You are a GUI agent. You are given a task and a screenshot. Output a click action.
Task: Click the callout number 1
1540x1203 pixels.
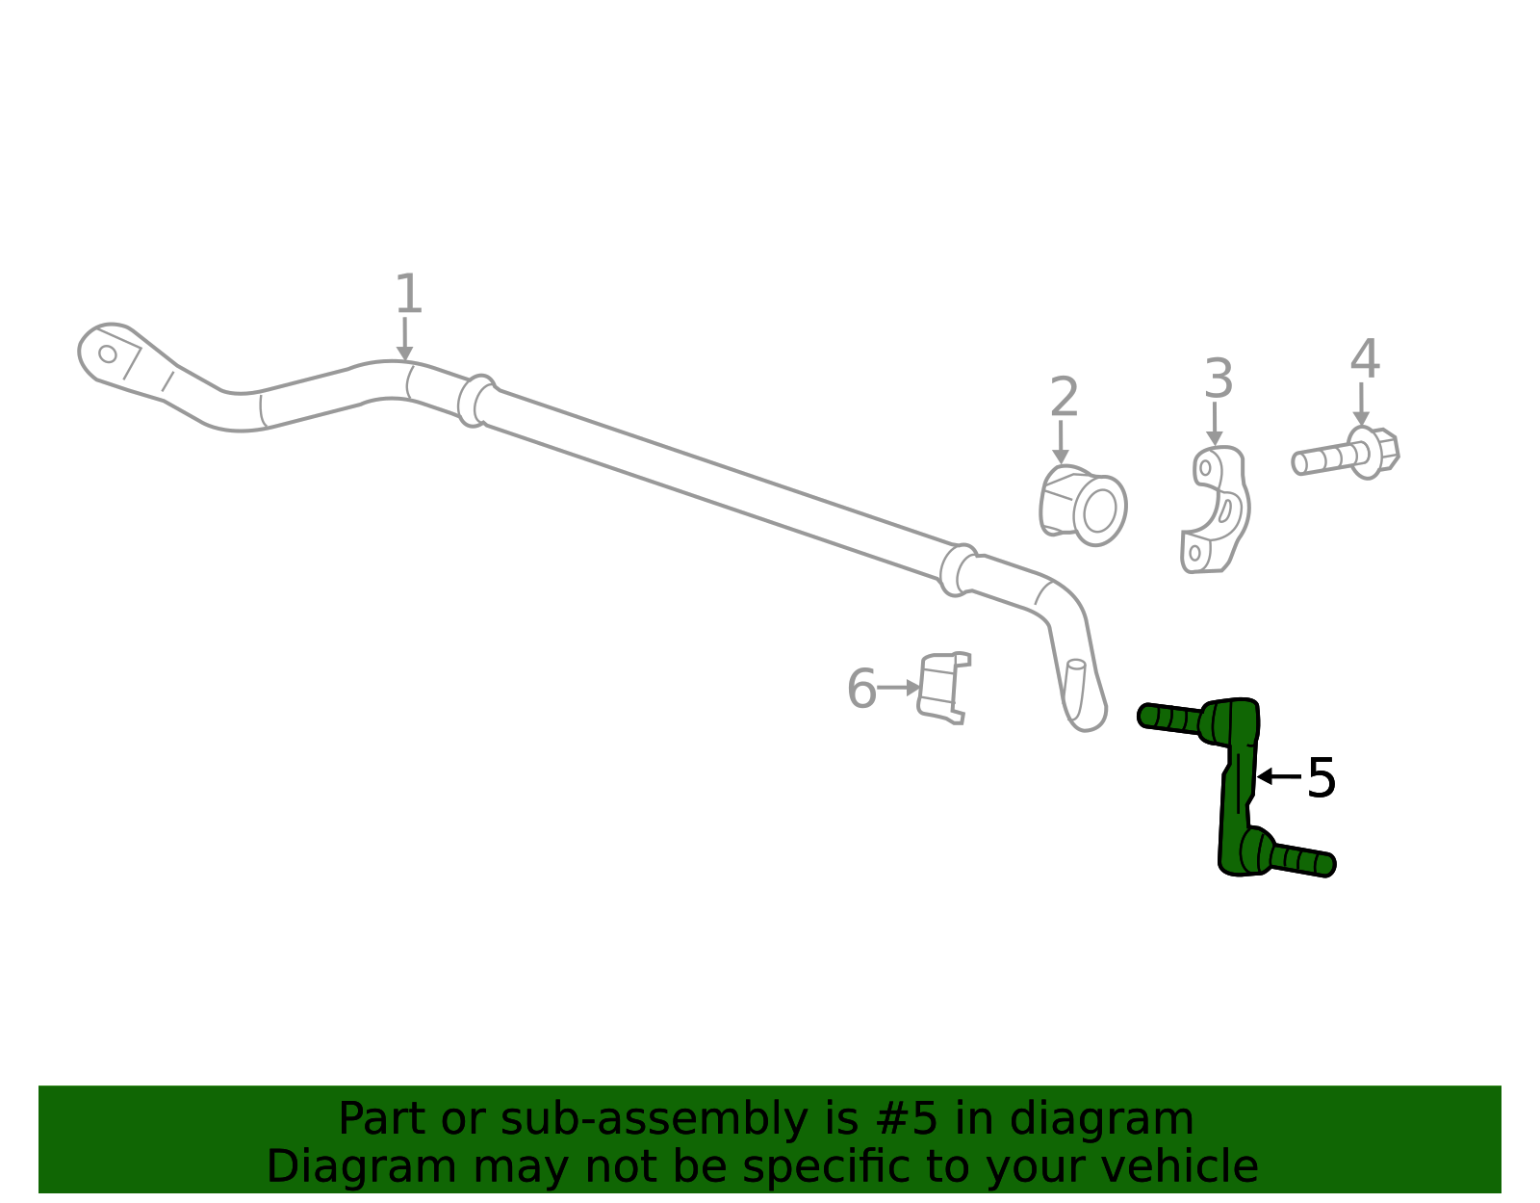408,294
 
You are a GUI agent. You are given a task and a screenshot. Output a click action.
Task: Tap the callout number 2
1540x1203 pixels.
1064,398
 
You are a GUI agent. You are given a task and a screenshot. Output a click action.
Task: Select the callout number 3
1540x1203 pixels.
1219,379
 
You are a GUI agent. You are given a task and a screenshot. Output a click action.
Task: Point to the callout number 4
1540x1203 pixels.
1364,359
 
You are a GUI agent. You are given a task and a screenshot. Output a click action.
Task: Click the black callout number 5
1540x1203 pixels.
1322,778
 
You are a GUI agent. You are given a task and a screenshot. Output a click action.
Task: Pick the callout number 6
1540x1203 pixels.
861,689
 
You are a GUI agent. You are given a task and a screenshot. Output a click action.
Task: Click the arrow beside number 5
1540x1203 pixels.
1279,777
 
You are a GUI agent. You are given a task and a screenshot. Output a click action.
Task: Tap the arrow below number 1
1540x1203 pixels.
404,339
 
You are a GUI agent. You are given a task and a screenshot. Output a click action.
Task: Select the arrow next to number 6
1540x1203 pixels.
899,688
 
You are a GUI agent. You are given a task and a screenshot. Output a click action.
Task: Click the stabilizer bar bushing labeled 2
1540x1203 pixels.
1082,505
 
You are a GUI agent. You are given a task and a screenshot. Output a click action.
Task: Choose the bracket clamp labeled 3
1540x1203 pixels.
1215,509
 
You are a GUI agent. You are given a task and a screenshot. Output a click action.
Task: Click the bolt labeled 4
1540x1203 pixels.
1346,455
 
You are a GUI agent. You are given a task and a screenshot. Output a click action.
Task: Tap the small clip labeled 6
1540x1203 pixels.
943,688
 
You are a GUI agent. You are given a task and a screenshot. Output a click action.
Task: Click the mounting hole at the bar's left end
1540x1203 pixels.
108,353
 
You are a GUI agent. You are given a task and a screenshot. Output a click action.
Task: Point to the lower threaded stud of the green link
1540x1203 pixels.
1302,861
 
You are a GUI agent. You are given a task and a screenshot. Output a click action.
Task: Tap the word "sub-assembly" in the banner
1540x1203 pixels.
654,1120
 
